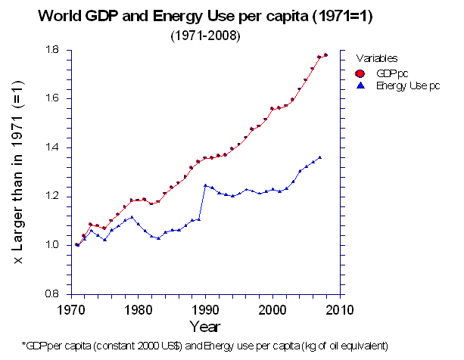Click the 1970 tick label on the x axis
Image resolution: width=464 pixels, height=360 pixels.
[x=70, y=309]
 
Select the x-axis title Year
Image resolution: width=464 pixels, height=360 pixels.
[x=205, y=327]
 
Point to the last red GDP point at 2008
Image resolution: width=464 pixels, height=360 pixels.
[x=325, y=55]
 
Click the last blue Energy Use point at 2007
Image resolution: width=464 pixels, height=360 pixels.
[x=319, y=157]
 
